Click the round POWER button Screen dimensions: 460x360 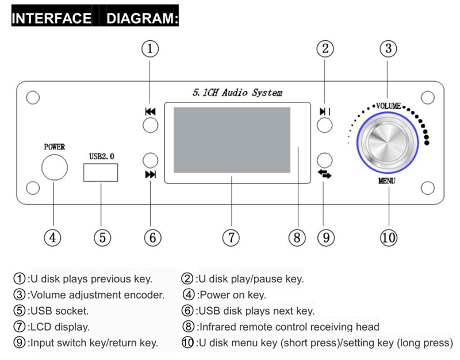click(55, 167)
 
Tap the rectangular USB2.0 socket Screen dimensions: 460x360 click(101, 173)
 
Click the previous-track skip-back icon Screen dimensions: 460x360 click(150, 112)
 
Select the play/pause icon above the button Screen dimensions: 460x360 click(325, 112)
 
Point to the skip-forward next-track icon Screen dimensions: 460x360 click(151, 175)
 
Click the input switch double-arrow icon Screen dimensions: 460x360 click(324, 174)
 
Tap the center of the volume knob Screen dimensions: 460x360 click(387, 143)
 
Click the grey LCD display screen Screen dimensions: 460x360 click(232, 140)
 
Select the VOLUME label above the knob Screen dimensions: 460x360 click(389, 106)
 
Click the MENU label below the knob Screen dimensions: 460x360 click(386, 181)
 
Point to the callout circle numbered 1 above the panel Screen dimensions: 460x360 click(150, 49)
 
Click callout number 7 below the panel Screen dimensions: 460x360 click(231, 238)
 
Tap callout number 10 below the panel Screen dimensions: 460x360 click(389, 238)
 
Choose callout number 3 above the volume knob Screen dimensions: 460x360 click(389, 49)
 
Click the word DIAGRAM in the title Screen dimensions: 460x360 click(142, 18)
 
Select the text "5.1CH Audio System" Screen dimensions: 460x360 click(237, 93)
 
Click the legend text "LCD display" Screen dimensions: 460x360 click(60, 327)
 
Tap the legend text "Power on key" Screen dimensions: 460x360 click(232, 295)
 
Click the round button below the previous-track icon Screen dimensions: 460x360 click(151, 125)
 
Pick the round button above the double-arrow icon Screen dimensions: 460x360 click(325, 160)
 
